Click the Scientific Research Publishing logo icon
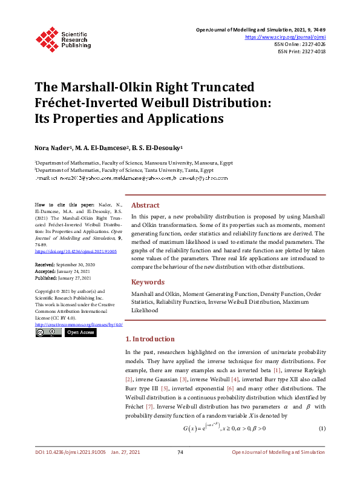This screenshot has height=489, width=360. coord(47,38)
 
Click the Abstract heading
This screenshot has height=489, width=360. coord(145,205)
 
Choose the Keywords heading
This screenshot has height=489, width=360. coord(148,282)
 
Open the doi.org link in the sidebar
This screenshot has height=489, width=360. coord(76,251)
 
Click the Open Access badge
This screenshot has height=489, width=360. coord(80,332)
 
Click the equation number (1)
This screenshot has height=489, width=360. coord(322,429)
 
